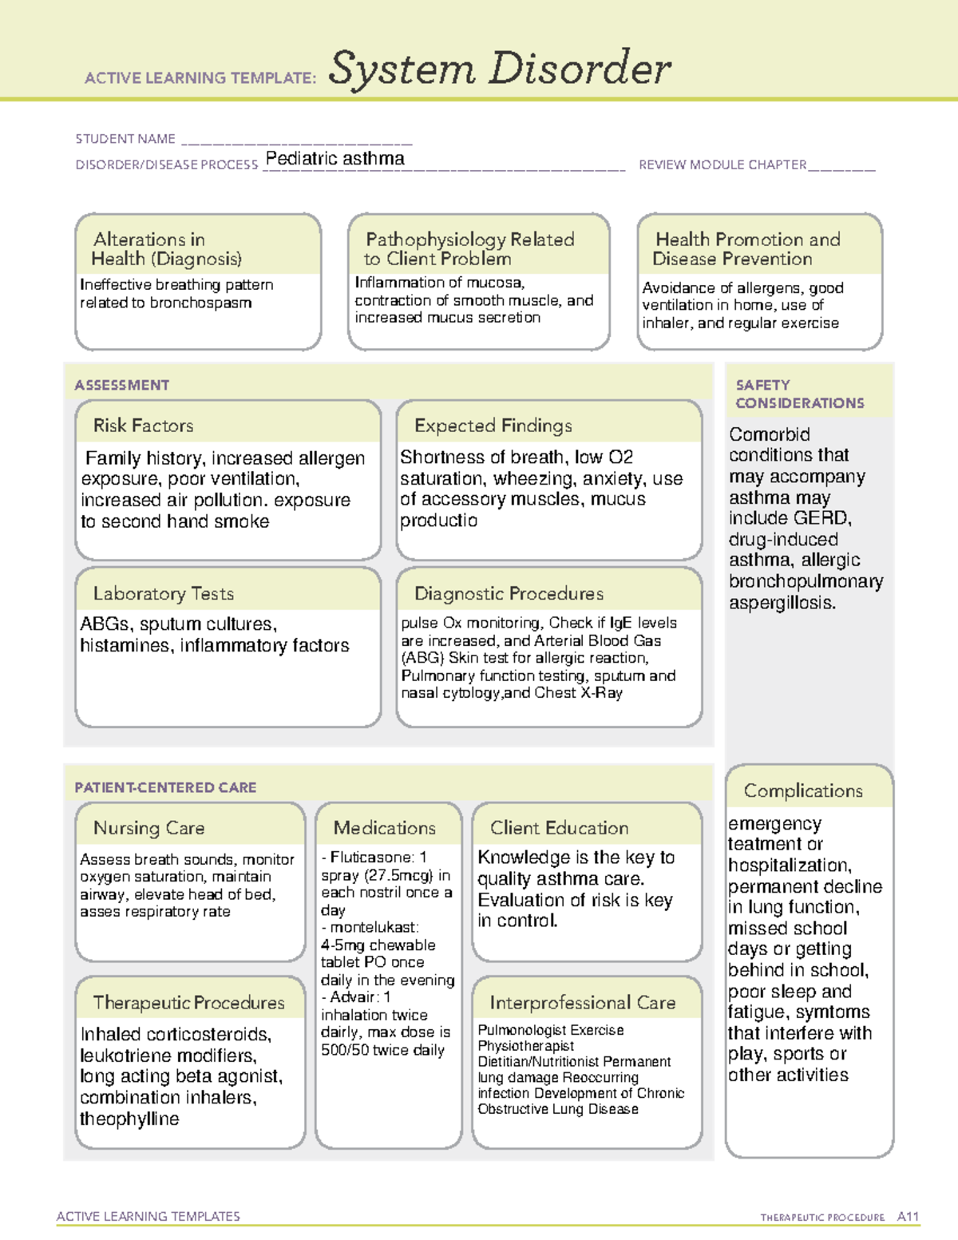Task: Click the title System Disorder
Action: point(500,69)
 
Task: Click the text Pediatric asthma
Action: point(335,158)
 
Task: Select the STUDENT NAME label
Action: point(125,139)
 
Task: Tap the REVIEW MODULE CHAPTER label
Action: point(722,164)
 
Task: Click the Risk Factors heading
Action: point(143,426)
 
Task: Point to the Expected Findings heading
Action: point(493,426)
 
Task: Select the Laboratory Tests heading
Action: point(163,593)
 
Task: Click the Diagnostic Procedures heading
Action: point(509,593)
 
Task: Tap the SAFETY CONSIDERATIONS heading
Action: point(799,394)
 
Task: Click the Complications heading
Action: point(803,790)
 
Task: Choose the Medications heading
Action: point(385,828)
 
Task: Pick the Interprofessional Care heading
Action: point(582,1002)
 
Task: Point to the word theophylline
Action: point(129,1119)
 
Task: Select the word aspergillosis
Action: point(782,603)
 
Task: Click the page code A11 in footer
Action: point(908,1217)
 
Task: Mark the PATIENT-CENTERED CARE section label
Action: point(165,787)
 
